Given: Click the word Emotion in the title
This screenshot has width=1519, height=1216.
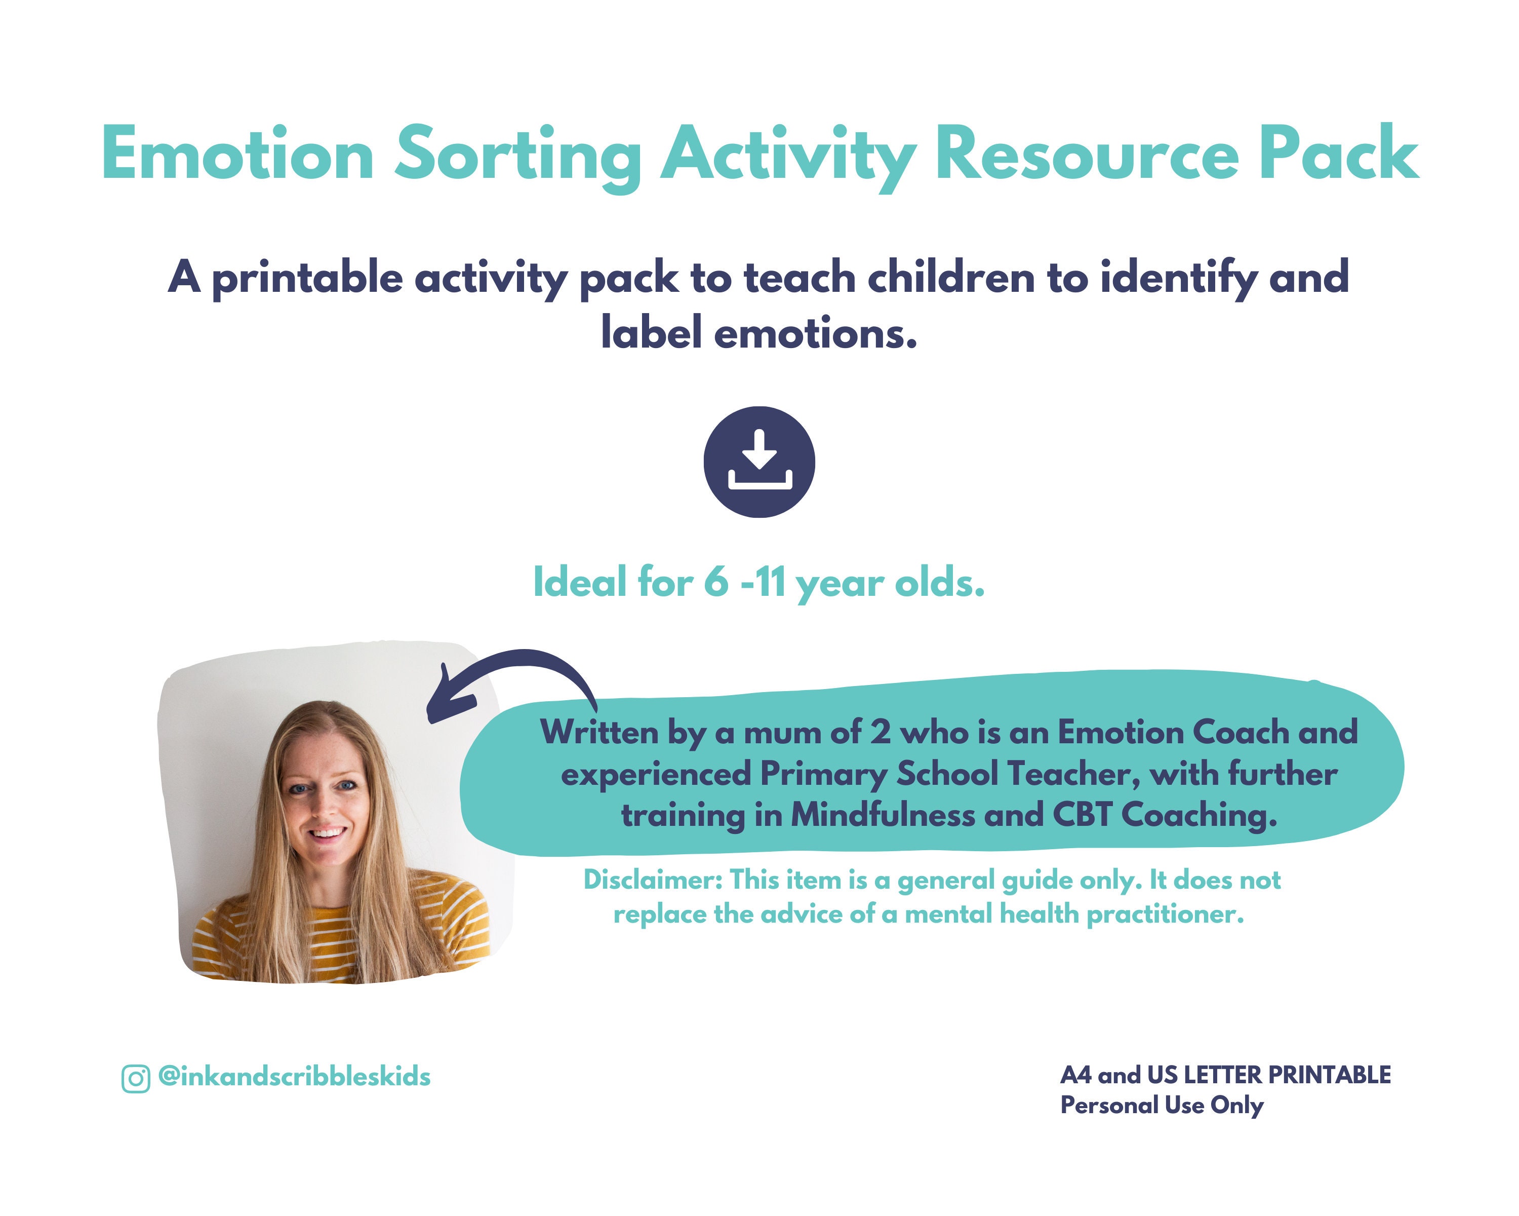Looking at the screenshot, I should point(237,154).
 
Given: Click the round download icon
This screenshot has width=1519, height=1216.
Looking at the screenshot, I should point(759,462).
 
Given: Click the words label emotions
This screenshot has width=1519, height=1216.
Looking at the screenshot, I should point(759,333).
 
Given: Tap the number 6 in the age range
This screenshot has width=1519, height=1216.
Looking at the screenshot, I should point(716,582).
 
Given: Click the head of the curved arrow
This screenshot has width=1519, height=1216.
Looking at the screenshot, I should point(448,698).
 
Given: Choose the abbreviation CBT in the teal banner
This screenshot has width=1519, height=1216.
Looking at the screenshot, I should point(1082,816).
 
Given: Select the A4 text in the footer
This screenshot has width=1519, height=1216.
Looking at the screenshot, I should point(1076,1075).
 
